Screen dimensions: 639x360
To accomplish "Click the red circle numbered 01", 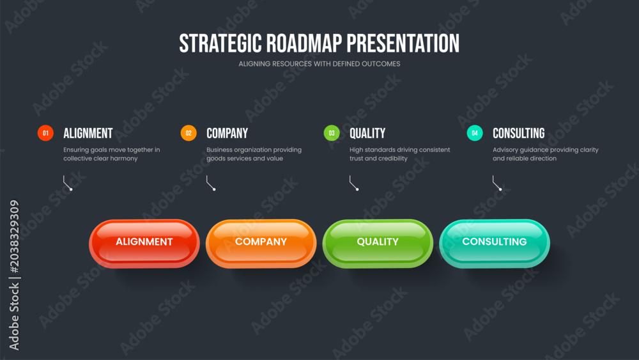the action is click(x=45, y=133).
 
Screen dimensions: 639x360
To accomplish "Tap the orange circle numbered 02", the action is click(x=189, y=133).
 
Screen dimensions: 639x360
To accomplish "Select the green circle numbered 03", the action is click(x=332, y=133).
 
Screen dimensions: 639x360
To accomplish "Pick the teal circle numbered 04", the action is click(x=475, y=133).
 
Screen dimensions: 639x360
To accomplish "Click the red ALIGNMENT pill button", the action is click(x=144, y=244).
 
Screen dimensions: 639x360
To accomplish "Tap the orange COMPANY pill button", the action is click(x=261, y=244).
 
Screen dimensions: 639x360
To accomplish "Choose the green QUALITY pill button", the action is click(x=378, y=244).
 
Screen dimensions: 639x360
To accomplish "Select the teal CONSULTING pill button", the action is click(x=495, y=244).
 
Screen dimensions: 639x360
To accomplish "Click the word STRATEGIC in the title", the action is click(x=220, y=43).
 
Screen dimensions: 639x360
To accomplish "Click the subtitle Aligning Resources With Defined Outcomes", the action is click(x=319, y=63).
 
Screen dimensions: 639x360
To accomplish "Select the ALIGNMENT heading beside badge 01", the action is click(x=88, y=133).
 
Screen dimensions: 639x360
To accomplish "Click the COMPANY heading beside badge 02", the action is click(x=227, y=133).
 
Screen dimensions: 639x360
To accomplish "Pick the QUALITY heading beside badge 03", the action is click(x=367, y=133).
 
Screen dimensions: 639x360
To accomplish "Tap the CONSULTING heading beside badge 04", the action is click(x=518, y=133).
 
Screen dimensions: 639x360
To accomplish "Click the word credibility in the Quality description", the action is click(x=393, y=158).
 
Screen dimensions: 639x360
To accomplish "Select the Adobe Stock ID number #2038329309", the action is click(x=14, y=236).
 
